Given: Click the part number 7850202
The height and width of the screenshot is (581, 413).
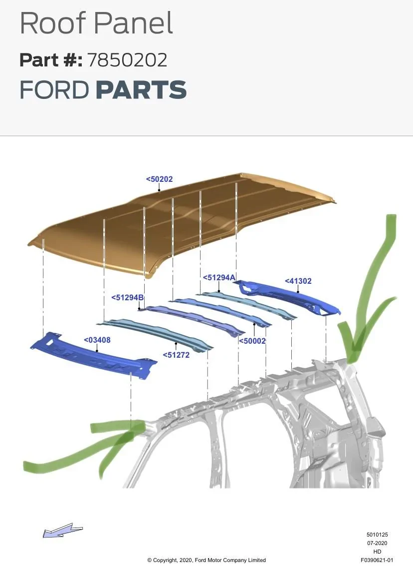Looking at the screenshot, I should click(127, 60).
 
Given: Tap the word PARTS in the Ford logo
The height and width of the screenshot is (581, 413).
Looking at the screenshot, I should click(141, 90).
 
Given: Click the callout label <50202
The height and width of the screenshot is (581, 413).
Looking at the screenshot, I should click(159, 179).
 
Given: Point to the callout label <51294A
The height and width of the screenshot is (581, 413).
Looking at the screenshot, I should click(219, 278).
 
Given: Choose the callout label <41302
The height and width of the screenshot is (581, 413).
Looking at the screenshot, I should click(298, 281).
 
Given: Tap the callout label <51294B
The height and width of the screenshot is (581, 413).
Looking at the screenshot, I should click(127, 298).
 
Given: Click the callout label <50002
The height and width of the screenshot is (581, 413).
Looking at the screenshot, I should click(252, 341).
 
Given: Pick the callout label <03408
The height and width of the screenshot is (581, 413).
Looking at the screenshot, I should click(97, 340).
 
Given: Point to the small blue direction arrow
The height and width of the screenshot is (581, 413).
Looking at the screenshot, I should click(62, 531).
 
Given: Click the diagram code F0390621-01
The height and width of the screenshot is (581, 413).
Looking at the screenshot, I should click(377, 560).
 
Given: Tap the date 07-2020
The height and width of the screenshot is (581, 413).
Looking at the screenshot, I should click(377, 543).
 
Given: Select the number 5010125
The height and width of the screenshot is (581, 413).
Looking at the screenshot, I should click(377, 535).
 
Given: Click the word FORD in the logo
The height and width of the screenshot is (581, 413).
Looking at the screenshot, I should click(54, 90).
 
